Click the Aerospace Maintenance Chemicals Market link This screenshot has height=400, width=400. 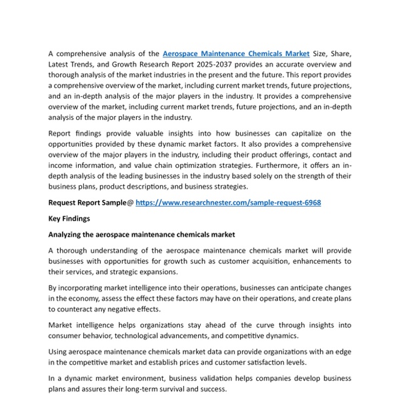[x=237, y=53]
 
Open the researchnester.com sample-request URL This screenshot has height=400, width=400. [x=228, y=202]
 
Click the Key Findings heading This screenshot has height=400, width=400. [x=69, y=218]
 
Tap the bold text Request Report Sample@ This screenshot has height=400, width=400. [x=91, y=202]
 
